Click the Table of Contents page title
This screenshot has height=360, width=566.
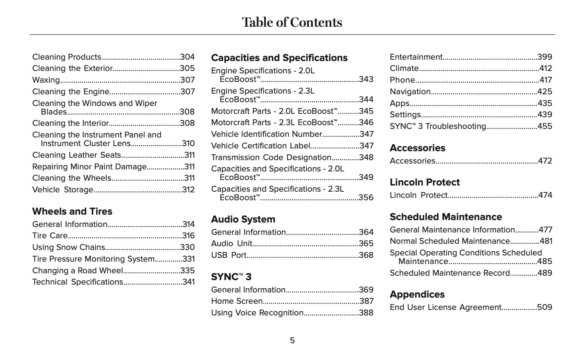click(x=292, y=22)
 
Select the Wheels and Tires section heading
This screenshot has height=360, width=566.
click(x=72, y=211)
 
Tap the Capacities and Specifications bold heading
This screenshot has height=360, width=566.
click(x=279, y=58)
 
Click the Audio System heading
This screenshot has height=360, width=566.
click(x=243, y=219)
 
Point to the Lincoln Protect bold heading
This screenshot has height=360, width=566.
click(x=425, y=182)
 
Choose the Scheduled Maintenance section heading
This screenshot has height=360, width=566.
click(x=446, y=217)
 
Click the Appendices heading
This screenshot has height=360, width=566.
click(x=417, y=294)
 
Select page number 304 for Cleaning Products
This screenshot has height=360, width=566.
click(x=187, y=57)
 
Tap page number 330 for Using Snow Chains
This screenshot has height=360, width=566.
click(x=187, y=247)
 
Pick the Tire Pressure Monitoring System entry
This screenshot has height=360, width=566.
click(x=93, y=259)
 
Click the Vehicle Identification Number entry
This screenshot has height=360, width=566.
click(x=267, y=134)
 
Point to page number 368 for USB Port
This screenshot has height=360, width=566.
click(x=366, y=255)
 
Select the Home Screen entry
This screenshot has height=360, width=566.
click(x=237, y=301)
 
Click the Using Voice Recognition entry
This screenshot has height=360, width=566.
click(x=257, y=313)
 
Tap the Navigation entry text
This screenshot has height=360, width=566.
click(x=410, y=92)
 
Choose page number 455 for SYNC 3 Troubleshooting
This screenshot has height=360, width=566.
click(x=545, y=126)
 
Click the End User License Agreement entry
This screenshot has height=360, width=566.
click(x=445, y=307)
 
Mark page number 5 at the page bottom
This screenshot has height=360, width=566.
click(x=292, y=340)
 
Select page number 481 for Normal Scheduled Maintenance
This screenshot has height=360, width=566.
click(x=546, y=241)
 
